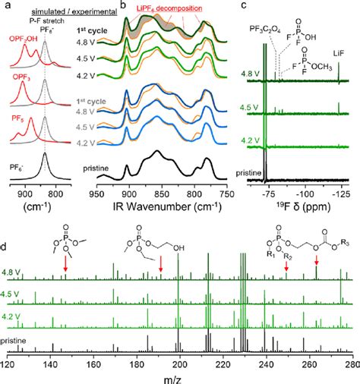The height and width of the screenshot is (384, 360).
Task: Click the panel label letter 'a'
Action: pyautogui.click(x=6, y=6)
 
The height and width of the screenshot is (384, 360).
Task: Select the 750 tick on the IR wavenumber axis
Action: pyautogui.click(x=227, y=194)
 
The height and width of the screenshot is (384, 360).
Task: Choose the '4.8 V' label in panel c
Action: pyautogui.click(x=248, y=74)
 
